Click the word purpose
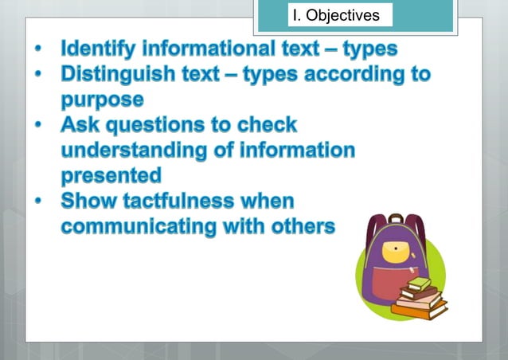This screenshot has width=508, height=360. click(x=102, y=100)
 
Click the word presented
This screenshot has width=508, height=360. click(x=111, y=174)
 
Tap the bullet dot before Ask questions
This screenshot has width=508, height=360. click(x=39, y=126)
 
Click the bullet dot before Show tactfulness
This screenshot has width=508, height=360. click(x=39, y=201)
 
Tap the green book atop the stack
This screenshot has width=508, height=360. click(x=420, y=284)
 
